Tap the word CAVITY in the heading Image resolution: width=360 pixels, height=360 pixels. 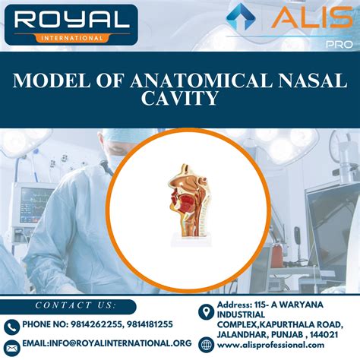click(x=180, y=98)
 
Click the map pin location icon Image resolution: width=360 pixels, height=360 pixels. click(x=204, y=312)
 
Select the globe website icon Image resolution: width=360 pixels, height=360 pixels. click(x=204, y=346)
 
